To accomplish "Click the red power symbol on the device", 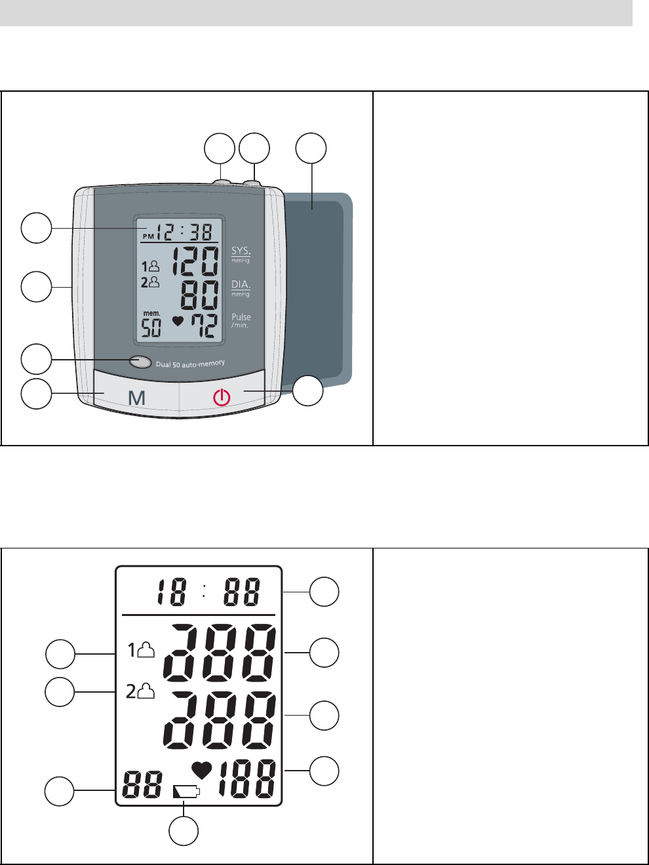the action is [x=222, y=397].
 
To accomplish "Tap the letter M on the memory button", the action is [x=136, y=397].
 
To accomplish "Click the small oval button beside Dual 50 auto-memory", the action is [x=140, y=361].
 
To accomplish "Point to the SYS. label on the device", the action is [x=241, y=251].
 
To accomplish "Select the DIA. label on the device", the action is [x=241, y=284].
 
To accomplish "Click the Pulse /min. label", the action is [x=241, y=320].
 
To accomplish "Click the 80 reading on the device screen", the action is [x=199, y=296].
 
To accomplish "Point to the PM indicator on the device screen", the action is [x=149, y=235].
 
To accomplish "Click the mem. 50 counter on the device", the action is [x=151, y=324].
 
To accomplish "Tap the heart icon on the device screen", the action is [x=176, y=322].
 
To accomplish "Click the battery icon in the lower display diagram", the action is [x=186, y=792].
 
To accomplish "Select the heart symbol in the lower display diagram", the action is [x=202, y=771].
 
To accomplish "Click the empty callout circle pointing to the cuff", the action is [x=311, y=149].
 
